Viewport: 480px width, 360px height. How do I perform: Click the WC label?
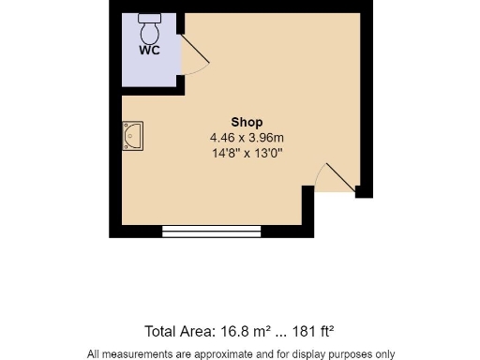point(149,51)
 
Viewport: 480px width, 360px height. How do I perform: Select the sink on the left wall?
point(131,137)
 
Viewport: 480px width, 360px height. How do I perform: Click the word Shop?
point(247,122)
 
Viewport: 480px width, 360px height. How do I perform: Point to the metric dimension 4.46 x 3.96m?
point(247,137)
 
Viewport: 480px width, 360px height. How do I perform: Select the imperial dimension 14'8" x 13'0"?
point(247,152)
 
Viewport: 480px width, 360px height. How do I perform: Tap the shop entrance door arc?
point(333,178)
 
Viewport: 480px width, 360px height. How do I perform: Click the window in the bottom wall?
point(211,231)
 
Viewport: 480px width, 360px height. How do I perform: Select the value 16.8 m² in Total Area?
point(245,331)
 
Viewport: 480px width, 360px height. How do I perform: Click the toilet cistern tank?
point(150,17)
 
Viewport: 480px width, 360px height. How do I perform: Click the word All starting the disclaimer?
point(95,353)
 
